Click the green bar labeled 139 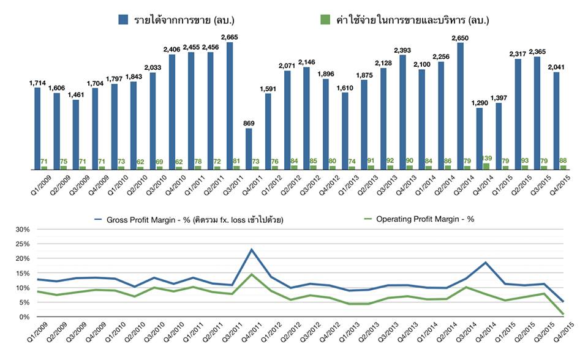[487, 166]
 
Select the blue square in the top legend [123, 20]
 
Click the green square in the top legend [325, 20]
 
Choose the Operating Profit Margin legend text [425, 219]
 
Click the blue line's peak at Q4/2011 [251, 250]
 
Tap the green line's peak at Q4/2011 [251, 274]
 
